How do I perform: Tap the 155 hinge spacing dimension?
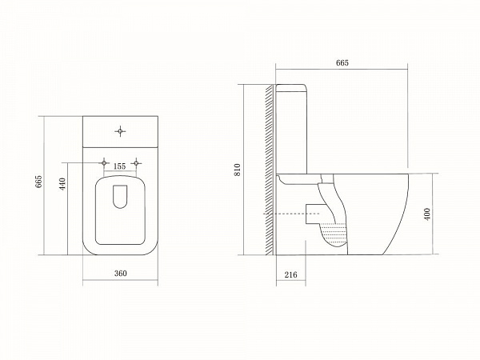pyautogui.click(x=119, y=166)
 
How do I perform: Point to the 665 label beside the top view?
pyautogui.click(x=38, y=183)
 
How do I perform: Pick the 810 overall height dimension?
pyautogui.click(x=237, y=170)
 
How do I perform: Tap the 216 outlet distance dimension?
pyautogui.click(x=290, y=274)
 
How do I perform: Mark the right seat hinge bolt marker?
pyautogui.click(x=138, y=163)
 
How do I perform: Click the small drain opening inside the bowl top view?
pyautogui.click(x=121, y=197)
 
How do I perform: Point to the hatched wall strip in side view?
pyautogui.click(x=270, y=168)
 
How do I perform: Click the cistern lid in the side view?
pyautogui.click(x=294, y=86)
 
